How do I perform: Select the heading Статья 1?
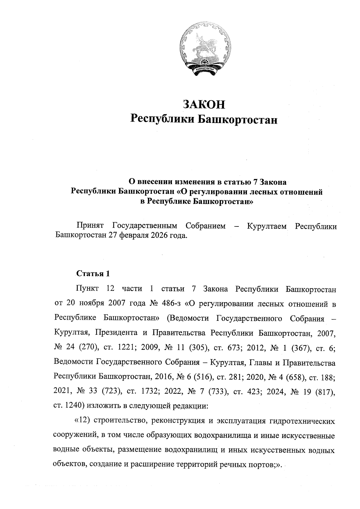(x=93, y=274)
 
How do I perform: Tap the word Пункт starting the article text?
(x=87, y=289)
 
